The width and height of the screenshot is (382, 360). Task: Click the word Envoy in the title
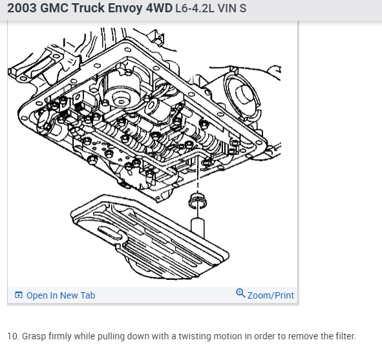pyautogui.click(x=125, y=8)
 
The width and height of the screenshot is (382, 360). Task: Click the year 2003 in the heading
pyautogui.click(x=22, y=8)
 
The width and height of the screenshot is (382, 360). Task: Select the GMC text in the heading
pyautogui.click(x=54, y=8)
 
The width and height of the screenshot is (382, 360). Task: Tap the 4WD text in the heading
pyautogui.click(x=160, y=8)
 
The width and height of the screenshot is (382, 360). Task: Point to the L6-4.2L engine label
pyautogui.click(x=195, y=8)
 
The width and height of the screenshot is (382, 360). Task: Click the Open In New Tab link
pyautogui.click(x=61, y=295)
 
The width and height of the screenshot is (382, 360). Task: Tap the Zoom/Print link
pyautogui.click(x=271, y=295)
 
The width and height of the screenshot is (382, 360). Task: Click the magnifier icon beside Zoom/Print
pyautogui.click(x=240, y=293)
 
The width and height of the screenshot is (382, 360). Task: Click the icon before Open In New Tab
pyautogui.click(x=19, y=295)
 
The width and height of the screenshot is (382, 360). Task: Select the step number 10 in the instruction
pyautogui.click(x=13, y=336)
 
